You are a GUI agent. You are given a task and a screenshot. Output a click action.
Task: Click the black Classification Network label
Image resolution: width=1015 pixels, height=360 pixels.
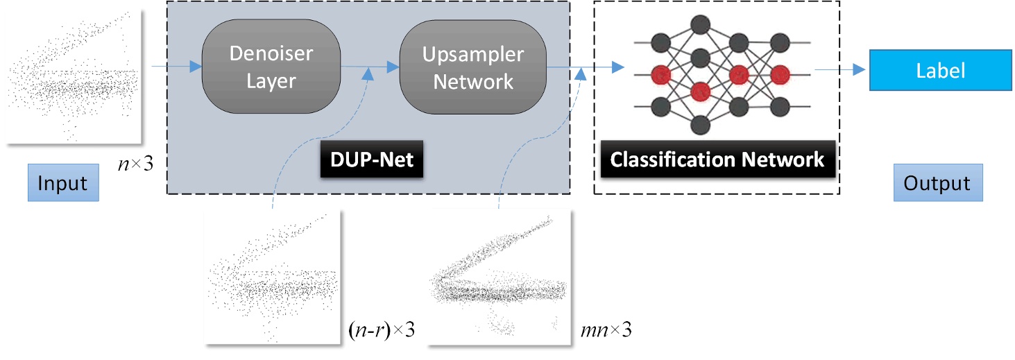click(717, 160)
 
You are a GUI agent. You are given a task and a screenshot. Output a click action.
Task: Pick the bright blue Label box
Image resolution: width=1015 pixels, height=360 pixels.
click(940, 70)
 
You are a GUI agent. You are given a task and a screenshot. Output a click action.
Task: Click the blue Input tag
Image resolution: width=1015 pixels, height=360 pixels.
click(62, 183)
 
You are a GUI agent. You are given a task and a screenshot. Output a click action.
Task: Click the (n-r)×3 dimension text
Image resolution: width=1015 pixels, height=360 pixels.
click(381, 331)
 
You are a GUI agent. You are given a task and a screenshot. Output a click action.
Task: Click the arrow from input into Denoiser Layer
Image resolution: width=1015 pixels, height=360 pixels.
click(176, 67)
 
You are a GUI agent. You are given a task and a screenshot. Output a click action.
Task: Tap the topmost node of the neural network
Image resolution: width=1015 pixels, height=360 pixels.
click(699, 23)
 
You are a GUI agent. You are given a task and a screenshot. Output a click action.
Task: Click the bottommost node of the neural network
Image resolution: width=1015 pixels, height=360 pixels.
click(699, 124)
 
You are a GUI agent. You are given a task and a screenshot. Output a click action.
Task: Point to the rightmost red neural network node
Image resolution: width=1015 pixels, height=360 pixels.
click(780, 73)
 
